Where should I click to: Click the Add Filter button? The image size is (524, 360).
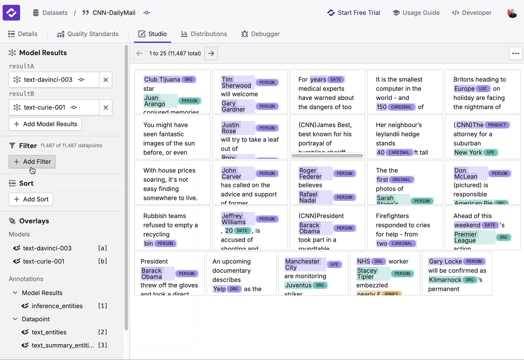pyautogui.click(x=32, y=161)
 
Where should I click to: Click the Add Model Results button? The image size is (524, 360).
pyautogui.click(x=45, y=124)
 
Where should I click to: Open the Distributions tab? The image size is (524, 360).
pyautogui.click(x=204, y=34)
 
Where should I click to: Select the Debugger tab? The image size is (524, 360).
pyautogui.click(x=261, y=34)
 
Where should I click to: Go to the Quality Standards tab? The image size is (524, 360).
pyautogui.click(x=88, y=34)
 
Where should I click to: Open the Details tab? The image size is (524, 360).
pyautogui.click(x=23, y=34)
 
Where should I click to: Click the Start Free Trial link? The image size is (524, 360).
pyautogui.click(x=354, y=13)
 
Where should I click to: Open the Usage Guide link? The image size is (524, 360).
pyautogui.click(x=416, y=13)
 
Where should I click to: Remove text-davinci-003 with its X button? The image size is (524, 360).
pyautogui.click(x=105, y=80)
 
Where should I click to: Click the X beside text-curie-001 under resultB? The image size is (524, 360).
pyautogui.click(x=105, y=108)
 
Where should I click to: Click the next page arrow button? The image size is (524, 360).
pyautogui.click(x=211, y=53)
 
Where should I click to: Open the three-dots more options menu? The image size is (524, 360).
pyautogui.click(x=515, y=53)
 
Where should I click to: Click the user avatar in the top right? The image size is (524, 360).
pyautogui.click(x=512, y=13)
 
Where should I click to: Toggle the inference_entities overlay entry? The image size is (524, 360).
pyautogui.click(x=57, y=306)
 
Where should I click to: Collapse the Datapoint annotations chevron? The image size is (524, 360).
pyautogui.click(x=15, y=319)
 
